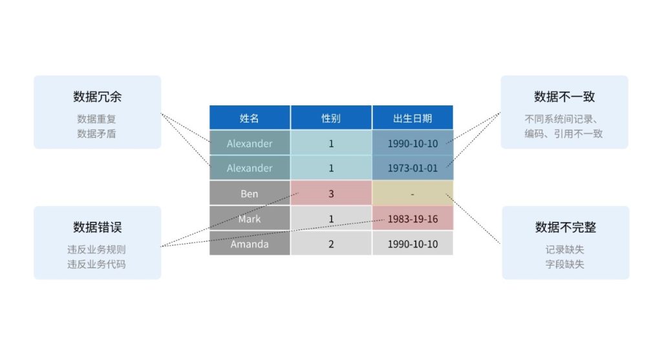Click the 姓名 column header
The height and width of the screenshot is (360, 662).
tap(250, 118)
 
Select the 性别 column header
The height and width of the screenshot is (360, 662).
tap(331, 118)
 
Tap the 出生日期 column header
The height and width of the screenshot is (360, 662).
tap(412, 118)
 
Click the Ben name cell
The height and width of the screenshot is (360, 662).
tap(250, 193)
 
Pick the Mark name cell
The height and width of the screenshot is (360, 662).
tap(250, 218)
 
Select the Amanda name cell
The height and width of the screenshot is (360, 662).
tap(250, 244)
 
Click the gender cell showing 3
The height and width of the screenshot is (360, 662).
tap(331, 193)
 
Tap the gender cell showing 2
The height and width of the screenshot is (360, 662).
tap(331, 244)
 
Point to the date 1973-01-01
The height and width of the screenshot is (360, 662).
tap(412, 168)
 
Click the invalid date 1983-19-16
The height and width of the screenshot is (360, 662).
tap(412, 218)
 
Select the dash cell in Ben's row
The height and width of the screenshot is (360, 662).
tap(412, 193)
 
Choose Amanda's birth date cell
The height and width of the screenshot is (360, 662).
tap(412, 244)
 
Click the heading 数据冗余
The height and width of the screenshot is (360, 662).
tap(97, 97)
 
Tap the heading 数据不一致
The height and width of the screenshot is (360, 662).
tap(564, 97)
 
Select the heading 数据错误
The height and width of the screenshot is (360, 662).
tap(97, 227)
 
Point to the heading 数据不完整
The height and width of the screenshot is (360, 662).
tap(565, 227)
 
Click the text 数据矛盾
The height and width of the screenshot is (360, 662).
tap(96, 134)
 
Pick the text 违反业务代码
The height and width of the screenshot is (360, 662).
tap(96, 264)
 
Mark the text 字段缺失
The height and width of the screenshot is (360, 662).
tap(564, 264)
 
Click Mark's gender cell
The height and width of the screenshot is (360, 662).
tap(331, 218)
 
